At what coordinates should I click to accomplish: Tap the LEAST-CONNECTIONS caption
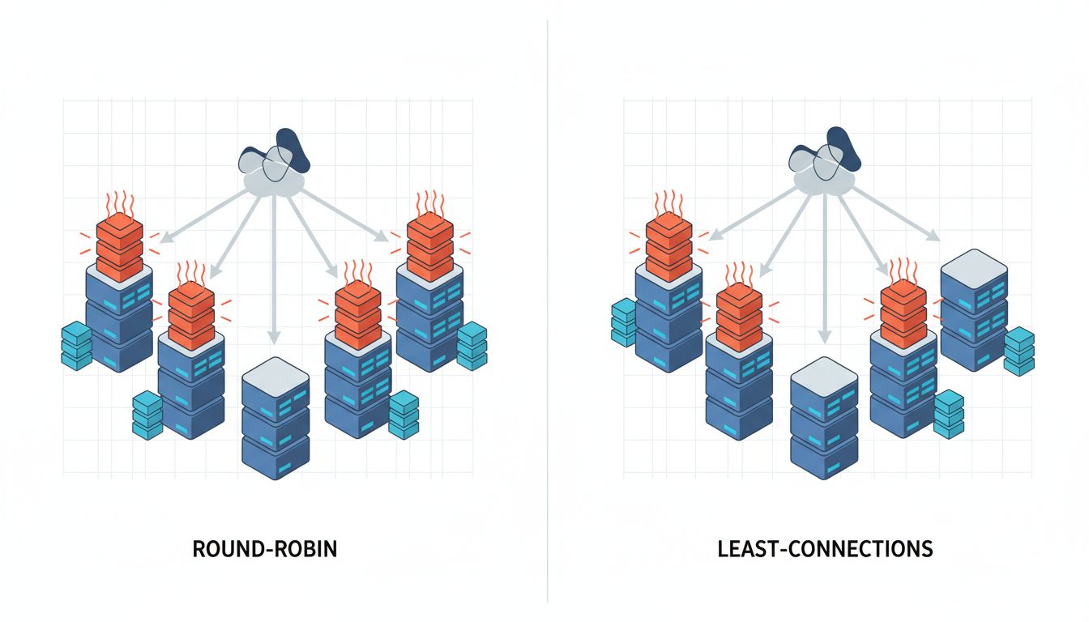pos(825,549)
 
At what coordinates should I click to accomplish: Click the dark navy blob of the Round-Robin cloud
pos(293,150)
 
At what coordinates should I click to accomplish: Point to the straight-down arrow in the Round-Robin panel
pos(274,267)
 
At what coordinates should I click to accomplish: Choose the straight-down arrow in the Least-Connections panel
pos(824,267)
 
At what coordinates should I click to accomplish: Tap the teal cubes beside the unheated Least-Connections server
pos(1019,350)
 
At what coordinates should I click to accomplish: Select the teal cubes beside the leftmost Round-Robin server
pos(77,346)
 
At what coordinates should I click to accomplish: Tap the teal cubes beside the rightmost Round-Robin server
pos(472,345)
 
